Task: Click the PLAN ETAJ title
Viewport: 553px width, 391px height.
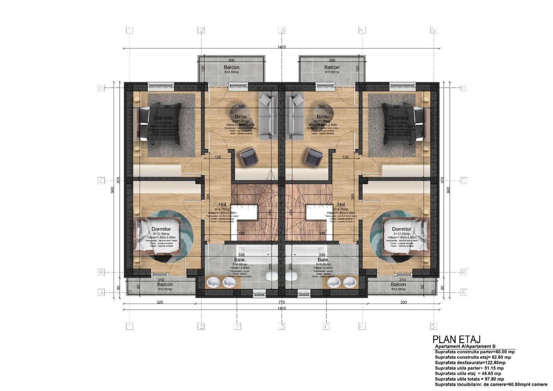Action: pos(456,339)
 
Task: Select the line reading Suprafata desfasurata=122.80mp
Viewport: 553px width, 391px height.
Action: pos(470,362)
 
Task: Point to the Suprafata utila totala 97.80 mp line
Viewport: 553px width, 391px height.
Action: pos(469,379)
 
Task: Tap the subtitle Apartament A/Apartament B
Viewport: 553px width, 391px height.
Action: pos(465,346)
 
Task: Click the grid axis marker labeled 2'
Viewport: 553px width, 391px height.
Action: pos(238,326)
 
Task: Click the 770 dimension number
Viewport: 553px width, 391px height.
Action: pos(282,302)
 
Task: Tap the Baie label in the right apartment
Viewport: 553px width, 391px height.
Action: pos(323,260)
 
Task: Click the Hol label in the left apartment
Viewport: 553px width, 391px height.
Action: pos(222,205)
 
